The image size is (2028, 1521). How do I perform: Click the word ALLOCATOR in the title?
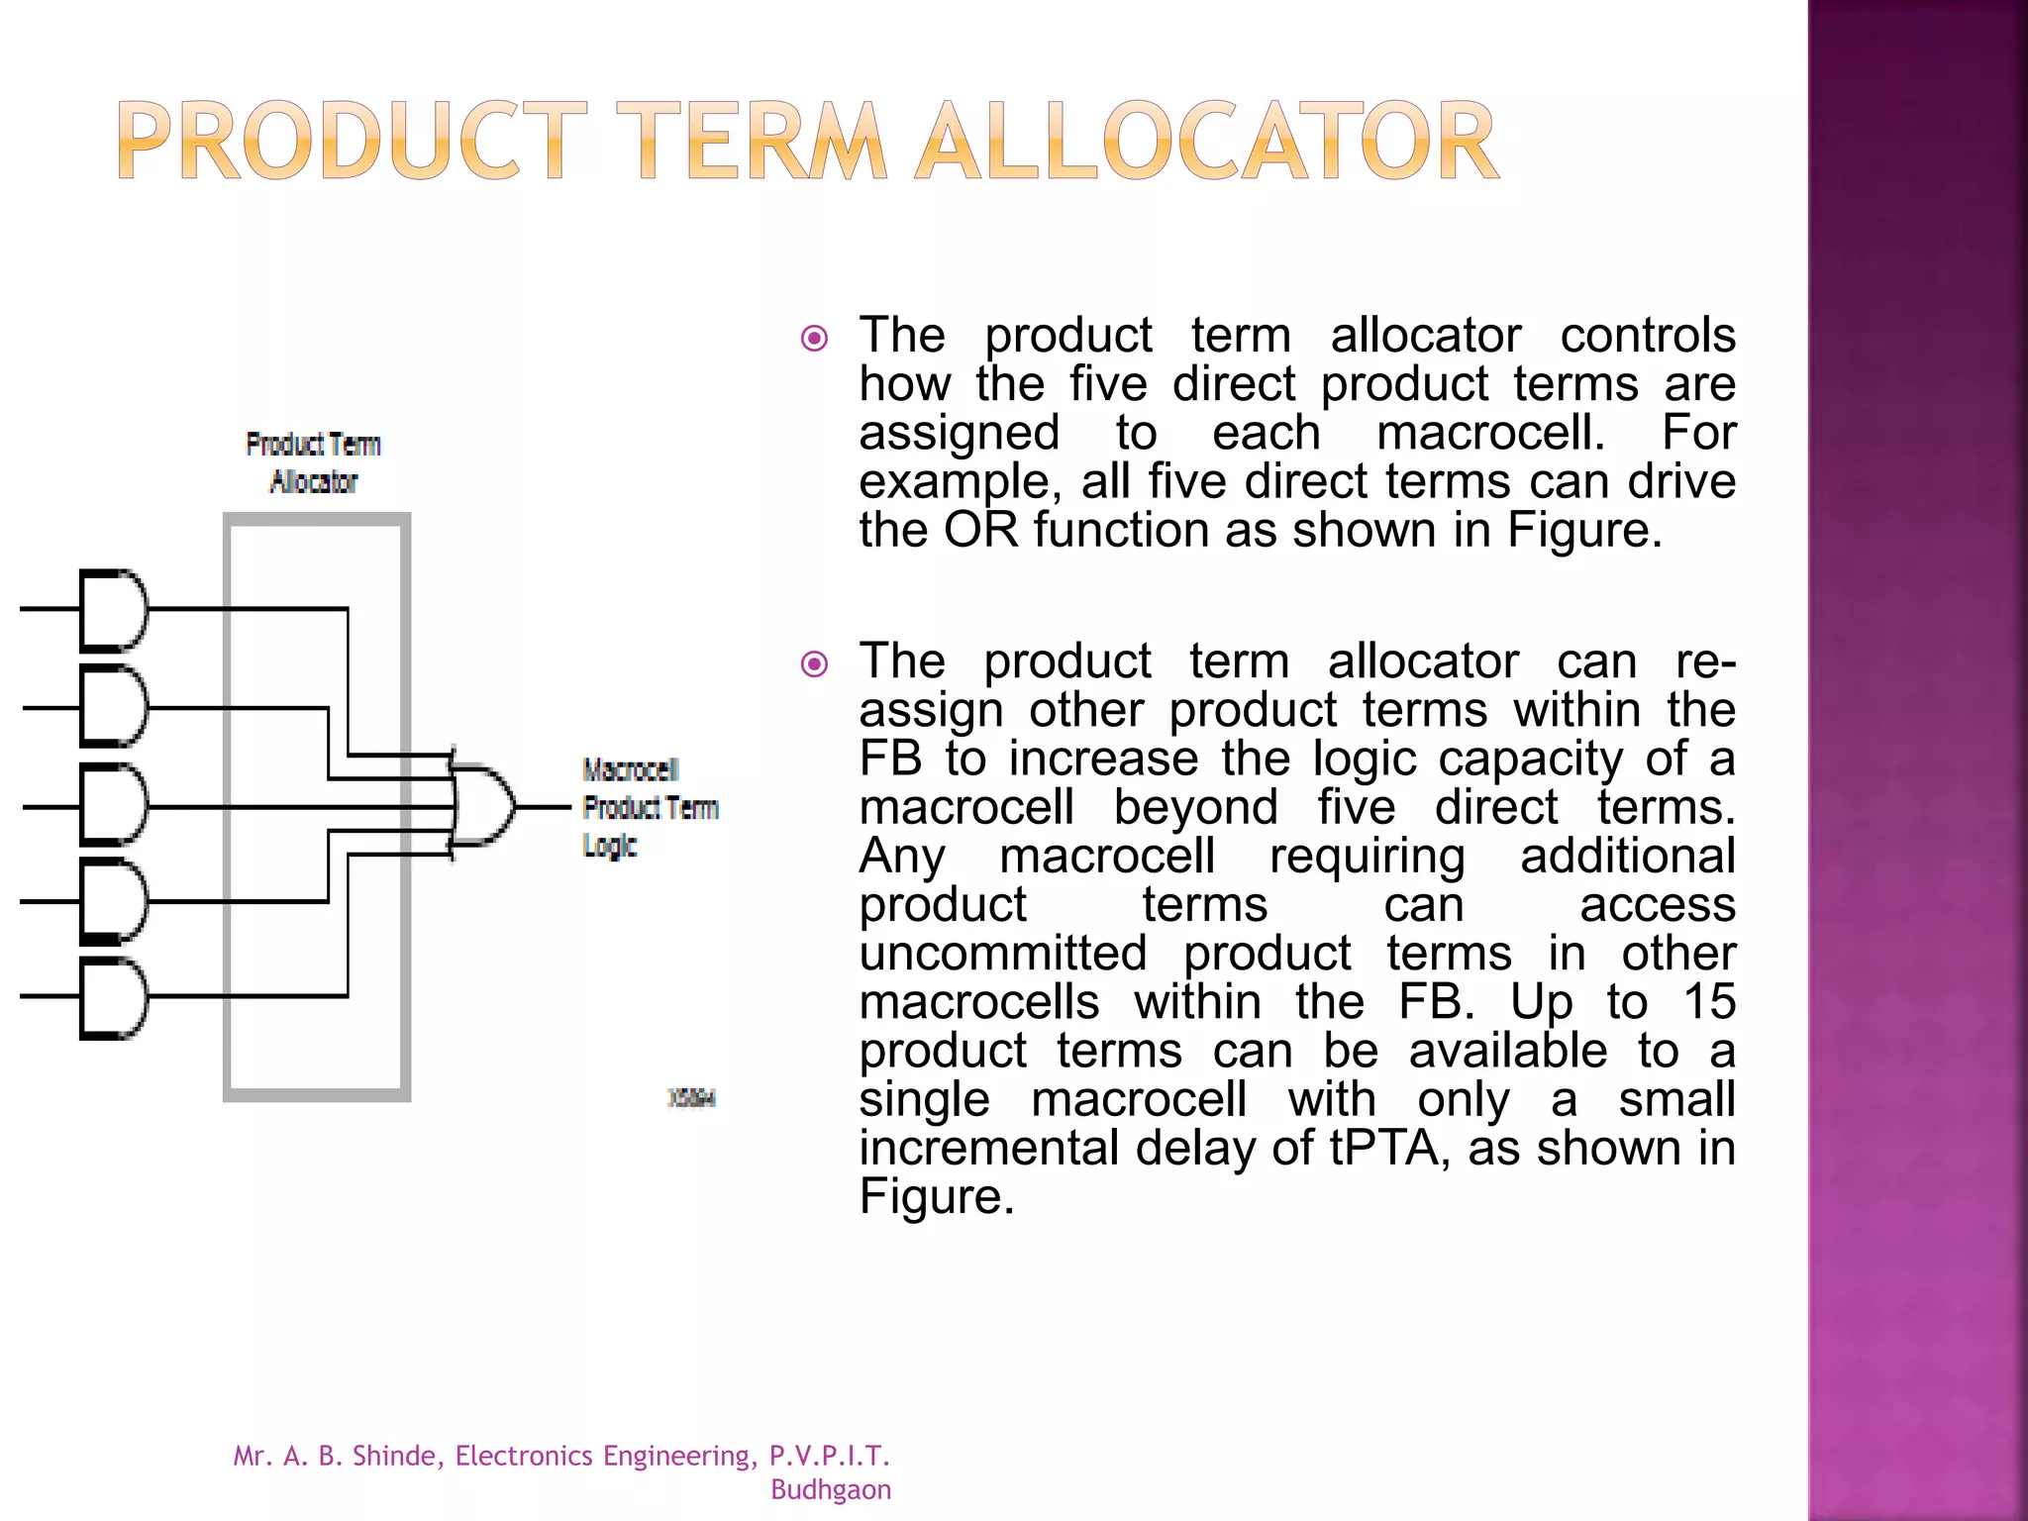1206,142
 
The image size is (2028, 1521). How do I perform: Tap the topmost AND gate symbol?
113,609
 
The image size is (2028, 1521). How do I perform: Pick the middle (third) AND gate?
113,804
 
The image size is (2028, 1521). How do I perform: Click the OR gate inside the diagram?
483,805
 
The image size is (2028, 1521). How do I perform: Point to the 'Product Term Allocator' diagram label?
313,462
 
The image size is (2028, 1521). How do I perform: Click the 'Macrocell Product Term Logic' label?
649,807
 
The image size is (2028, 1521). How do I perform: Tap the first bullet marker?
814,339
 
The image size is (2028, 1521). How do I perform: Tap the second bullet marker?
814,663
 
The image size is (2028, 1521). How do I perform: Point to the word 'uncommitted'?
1002,953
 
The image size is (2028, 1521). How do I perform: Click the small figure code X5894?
691,1097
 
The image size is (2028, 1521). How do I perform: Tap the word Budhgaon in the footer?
830,1489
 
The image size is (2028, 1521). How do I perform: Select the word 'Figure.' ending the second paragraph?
936,1196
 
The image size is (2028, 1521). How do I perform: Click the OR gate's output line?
544,807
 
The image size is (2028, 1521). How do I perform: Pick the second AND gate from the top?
113,706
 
